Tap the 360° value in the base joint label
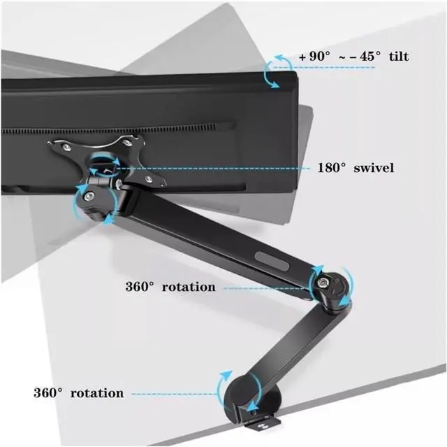click(x=50, y=393)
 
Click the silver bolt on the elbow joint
click(x=325, y=282)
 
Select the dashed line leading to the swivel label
click(x=217, y=168)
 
